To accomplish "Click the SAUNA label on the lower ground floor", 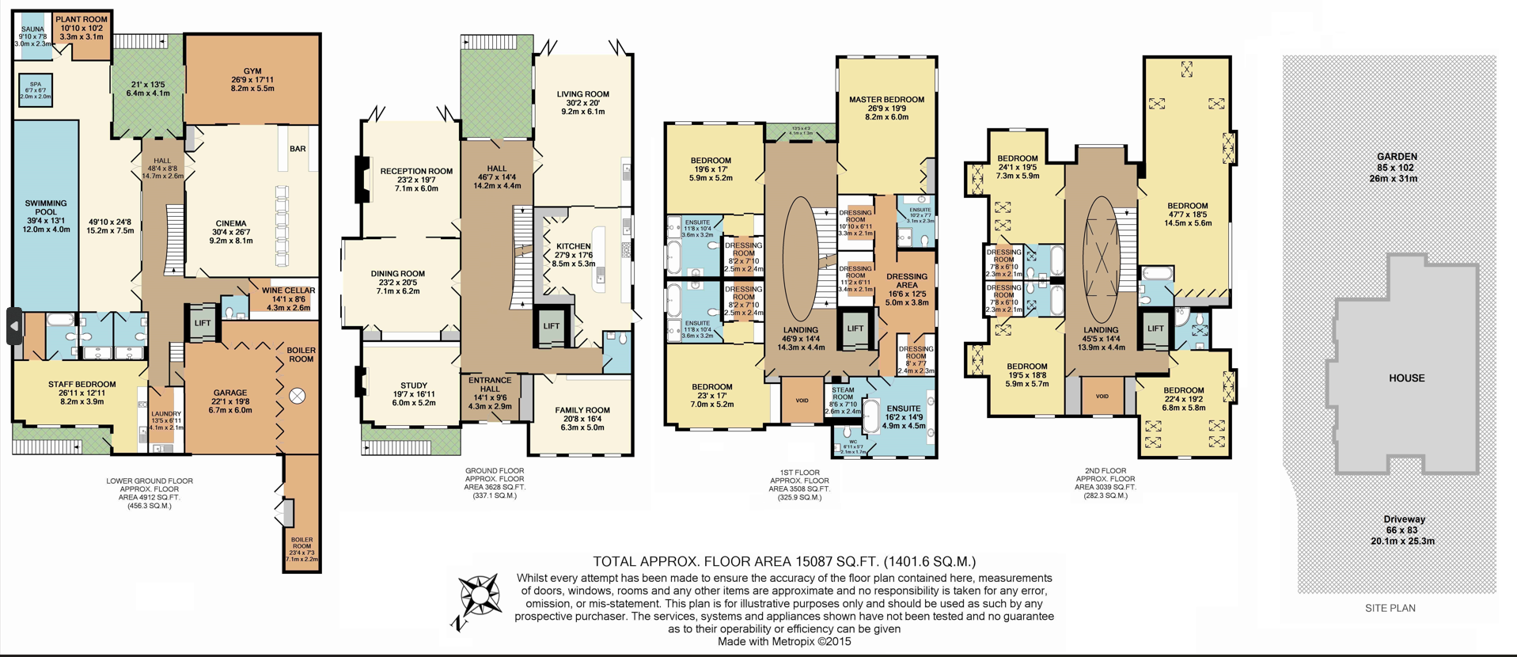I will [32, 29].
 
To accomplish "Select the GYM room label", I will [252, 71].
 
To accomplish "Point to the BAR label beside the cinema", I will [298, 149].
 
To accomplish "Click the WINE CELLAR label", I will [288, 291].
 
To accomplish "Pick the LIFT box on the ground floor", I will [551, 326].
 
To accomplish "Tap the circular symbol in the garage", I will [297, 396].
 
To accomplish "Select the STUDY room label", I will [414, 385].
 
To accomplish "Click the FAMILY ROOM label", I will [582, 410].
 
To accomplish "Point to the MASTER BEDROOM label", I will [886, 100].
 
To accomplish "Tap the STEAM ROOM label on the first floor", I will [843, 393].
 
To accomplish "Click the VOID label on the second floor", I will [1102, 397].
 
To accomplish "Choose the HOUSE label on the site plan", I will [1406, 378].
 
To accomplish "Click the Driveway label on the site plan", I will [1404, 519].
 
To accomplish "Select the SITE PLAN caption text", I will [1390, 608].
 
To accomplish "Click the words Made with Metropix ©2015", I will [783, 642].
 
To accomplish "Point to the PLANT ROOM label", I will [82, 19].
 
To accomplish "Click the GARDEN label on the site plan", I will [1396, 157].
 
